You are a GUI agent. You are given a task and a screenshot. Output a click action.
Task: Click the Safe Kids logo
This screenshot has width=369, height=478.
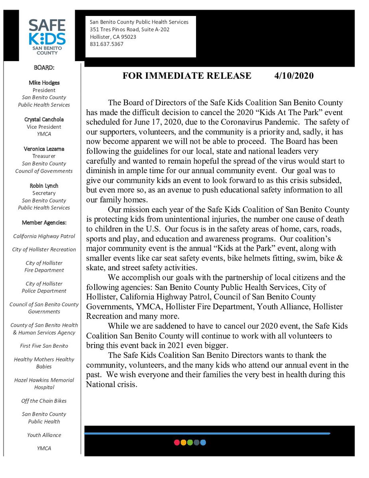[x=47, y=37]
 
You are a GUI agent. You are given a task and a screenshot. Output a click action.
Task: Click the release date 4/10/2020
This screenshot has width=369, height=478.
[x=294, y=76]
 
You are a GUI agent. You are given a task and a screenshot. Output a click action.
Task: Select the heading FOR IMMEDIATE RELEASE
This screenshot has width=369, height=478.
[x=187, y=76]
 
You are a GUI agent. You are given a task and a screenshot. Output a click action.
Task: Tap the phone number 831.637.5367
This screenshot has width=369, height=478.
[x=107, y=44]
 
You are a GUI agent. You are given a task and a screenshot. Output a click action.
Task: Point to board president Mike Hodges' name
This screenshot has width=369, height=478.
[x=44, y=83]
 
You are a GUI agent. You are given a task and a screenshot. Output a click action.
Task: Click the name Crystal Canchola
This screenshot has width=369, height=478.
[x=44, y=119]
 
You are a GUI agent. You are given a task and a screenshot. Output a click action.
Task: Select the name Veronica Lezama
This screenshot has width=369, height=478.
[x=44, y=149]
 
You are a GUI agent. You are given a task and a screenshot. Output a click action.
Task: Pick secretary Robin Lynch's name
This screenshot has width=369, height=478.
[x=44, y=186]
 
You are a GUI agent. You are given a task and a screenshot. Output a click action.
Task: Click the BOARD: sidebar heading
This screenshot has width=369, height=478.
[x=44, y=68]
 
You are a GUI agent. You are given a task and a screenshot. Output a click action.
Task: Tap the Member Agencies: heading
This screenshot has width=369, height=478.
[x=44, y=223]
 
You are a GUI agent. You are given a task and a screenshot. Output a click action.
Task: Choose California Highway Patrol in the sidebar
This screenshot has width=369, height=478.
[x=44, y=236]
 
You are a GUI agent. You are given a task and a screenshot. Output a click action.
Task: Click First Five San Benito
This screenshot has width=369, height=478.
[x=44, y=346]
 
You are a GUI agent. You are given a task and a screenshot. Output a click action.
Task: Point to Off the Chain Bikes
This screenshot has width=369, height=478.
[x=44, y=401]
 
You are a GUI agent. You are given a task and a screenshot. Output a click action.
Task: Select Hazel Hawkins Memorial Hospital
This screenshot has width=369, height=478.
[x=44, y=384]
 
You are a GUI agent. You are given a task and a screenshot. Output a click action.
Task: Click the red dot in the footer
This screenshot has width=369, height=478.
[x=177, y=442]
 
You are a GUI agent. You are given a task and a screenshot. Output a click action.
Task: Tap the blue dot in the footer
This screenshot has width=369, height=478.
[x=203, y=442]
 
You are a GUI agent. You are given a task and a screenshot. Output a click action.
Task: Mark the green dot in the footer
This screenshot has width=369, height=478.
[x=190, y=442]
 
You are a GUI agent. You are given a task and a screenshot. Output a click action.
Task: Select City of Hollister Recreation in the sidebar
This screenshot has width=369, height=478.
[x=44, y=249]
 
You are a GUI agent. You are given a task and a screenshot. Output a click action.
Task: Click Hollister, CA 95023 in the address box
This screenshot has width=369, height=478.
[x=113, y=37]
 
